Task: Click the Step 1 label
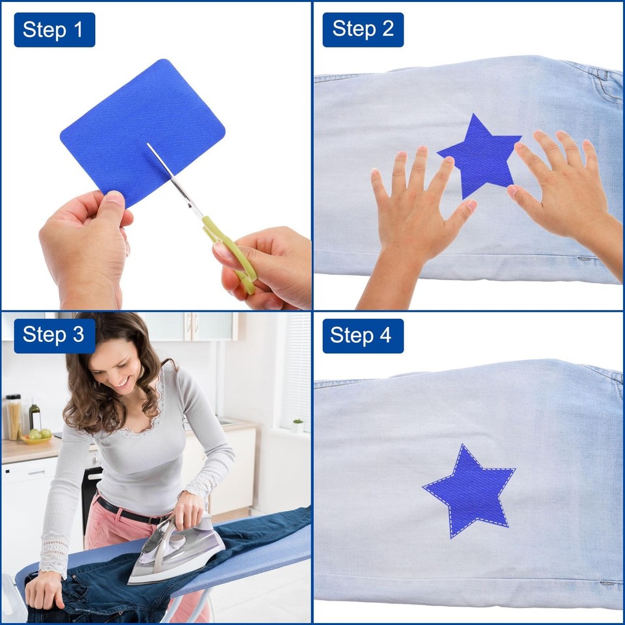pos(55,30)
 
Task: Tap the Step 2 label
pos(363,30)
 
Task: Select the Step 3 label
pos(55,336)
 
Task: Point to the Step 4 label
pos(363,336)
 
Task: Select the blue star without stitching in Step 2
pos(480,156)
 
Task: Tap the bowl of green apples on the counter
pos(37,437)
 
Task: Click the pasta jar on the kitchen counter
pos(14,417)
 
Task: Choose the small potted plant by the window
pos(298,425)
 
